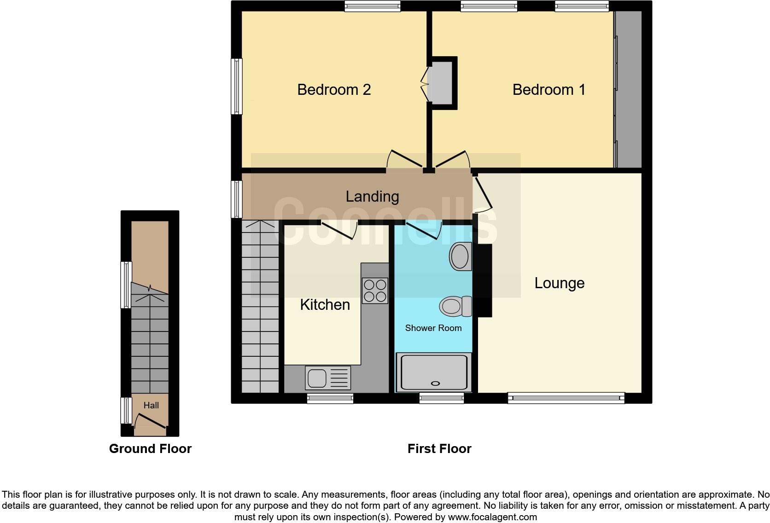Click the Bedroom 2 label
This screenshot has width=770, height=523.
point(334,89)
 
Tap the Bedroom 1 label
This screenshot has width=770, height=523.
point(548,89)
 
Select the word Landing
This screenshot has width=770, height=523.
point(372,197)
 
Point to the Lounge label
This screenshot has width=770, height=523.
point(559,283)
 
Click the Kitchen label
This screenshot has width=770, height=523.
point(325,305)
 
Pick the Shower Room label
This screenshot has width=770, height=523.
point(433,328)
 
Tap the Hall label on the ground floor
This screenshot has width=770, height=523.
point(151,406)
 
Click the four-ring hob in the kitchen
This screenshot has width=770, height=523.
point(375,291)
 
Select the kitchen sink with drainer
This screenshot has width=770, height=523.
point(327,378)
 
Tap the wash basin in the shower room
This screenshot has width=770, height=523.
point(460,256)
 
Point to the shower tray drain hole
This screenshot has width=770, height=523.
point(435,383)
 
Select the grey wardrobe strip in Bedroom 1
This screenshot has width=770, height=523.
point(629,89)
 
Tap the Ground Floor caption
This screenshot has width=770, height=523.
point(150,449)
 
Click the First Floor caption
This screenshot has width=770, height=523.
point(439,449)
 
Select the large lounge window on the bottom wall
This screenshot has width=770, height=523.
point(566,397)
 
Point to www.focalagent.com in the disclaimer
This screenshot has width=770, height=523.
point(492,517)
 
